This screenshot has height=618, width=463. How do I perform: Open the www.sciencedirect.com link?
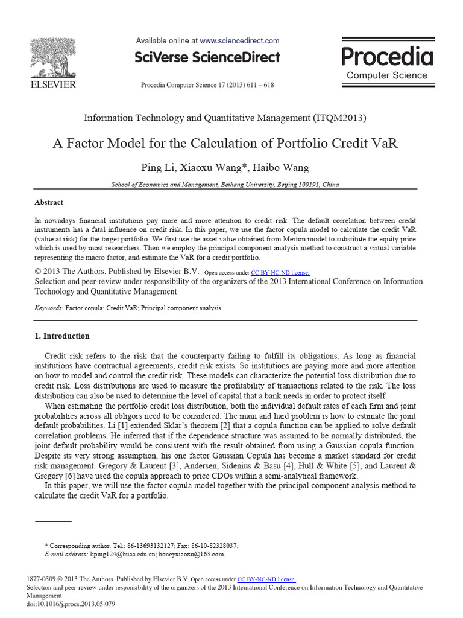(x=239, y=41)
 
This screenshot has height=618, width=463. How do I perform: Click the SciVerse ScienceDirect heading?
(x=207, y=57)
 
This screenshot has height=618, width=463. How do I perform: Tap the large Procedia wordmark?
(x=387, y=56)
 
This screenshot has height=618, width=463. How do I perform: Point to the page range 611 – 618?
(x=259, y=85)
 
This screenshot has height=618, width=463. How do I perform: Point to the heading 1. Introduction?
(x=61, y=336)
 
